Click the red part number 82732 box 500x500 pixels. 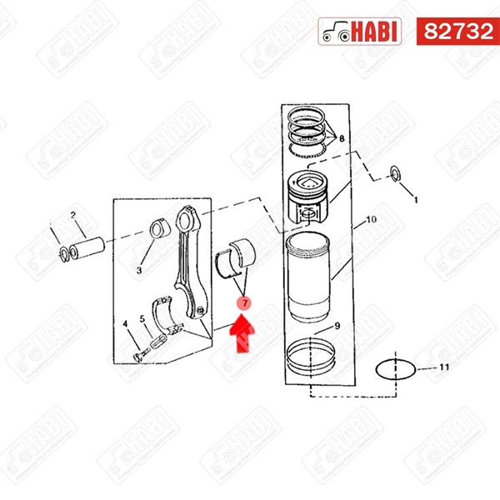[457, 32]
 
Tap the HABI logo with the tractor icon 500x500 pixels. [359, 32]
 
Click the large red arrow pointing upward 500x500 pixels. [242, 332]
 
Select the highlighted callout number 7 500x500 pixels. [244, 303]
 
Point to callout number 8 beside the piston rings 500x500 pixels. [342, 138]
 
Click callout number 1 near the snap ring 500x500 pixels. [416, 200]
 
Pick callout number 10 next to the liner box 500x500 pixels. [371, 219]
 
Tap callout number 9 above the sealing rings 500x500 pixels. [337, 326]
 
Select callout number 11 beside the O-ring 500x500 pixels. [444, 367]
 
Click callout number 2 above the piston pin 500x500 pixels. [73, 215]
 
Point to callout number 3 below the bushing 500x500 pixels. [139, 270]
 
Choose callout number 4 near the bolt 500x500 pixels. [125, 324]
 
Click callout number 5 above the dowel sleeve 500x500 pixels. [142, 318]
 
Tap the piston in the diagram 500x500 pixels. [308, 196]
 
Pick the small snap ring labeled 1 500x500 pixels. [396, 174]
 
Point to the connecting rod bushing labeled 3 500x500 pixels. [158, 228]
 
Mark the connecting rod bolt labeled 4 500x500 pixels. [141, 355]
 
